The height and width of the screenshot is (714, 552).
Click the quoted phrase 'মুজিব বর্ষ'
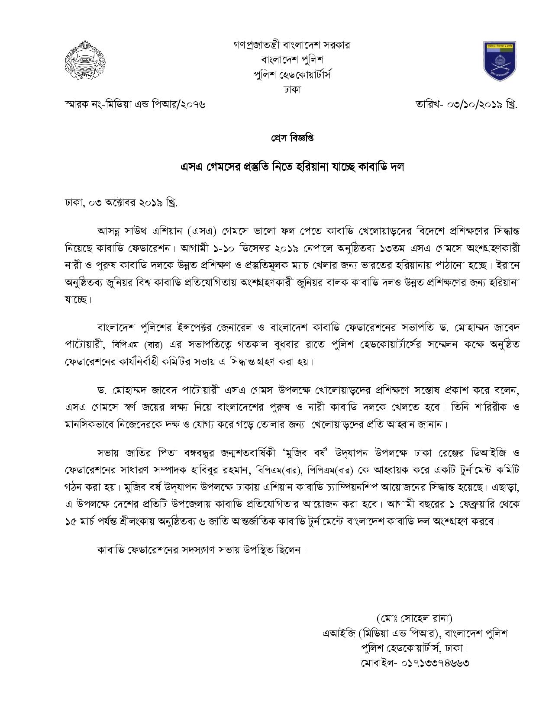pos(309,453)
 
